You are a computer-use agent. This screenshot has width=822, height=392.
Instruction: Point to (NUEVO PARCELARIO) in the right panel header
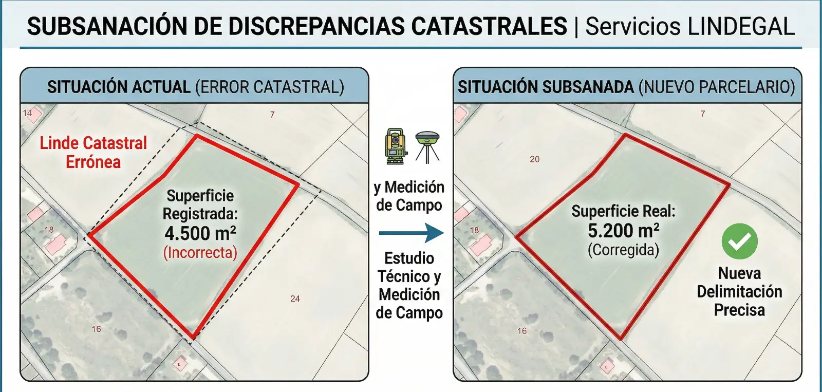pos(717,87)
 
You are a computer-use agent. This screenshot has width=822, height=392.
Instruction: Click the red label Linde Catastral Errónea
pos(94,152)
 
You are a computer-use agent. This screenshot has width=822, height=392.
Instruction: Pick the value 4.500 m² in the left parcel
pos(200,233)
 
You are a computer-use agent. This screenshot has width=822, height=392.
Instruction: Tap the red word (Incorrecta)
pos(200,252)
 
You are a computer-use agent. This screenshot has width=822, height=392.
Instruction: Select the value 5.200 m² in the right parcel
pos(624,231)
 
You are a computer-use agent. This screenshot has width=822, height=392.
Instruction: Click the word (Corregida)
pos(623,250)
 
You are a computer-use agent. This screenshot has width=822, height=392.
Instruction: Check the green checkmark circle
pos(739,241)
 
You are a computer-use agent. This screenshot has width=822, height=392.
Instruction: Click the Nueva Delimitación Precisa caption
pos(739,291)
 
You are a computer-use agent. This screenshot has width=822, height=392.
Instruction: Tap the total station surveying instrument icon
pos(396,146)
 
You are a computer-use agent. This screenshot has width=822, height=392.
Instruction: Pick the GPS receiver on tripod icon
pos(427,146)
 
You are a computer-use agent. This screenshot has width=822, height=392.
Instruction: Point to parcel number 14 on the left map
pos(27,113)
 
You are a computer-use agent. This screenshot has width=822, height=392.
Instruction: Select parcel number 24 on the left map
pos(295,298)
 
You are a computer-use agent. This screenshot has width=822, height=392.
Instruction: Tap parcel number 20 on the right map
pos(535,159)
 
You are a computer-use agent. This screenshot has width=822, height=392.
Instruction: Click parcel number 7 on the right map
pos(703,114)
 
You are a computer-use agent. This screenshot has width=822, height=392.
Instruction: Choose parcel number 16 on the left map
pos(97,329)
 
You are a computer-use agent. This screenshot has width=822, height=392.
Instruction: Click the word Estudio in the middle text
pos(409,258)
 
